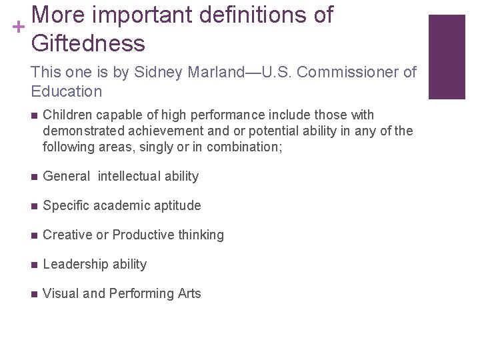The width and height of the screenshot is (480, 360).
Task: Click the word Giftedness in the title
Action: (87, 43)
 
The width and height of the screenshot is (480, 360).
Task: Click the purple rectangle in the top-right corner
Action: (446, 57)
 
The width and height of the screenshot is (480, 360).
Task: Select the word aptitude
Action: (174, 206)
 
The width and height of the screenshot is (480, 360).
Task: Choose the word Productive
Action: (142, 235)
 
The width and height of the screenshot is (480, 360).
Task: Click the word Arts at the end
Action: (189, 294)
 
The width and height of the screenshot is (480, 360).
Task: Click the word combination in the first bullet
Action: (247, 146)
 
